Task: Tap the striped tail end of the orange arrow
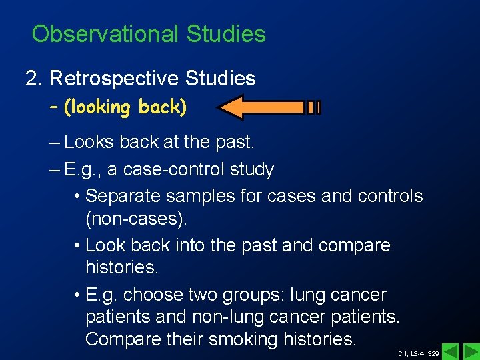click(313, 107)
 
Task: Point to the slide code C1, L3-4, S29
click(418, 353)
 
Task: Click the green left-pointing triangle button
click(451, 351)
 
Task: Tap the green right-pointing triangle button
click(470, 351)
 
